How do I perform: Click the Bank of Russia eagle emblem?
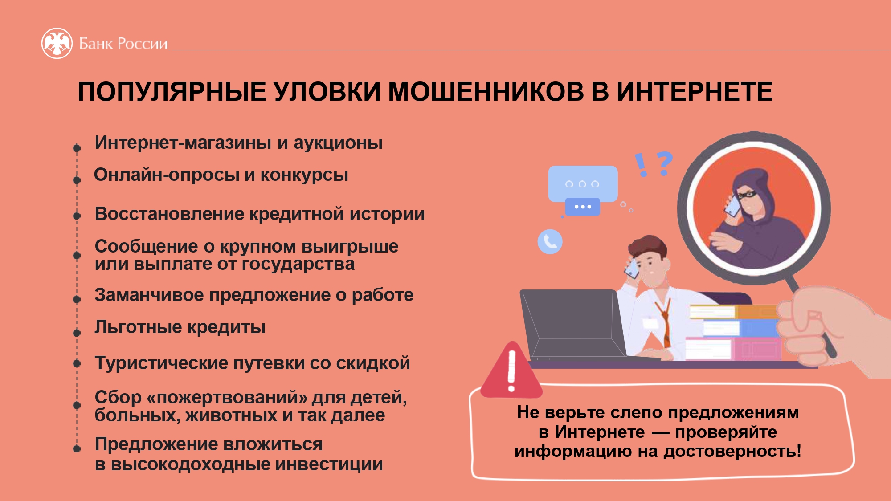click(x=57, y=43)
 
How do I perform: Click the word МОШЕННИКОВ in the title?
click(x=486, y=92)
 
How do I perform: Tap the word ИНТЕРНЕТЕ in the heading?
click(x=695, y=92)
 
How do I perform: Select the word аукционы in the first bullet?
click(x=338, y=143)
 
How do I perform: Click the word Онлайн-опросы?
click(x=167, y=175)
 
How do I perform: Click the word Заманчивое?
click(x=149, y=295)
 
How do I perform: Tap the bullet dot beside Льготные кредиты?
click(x=77, y=333)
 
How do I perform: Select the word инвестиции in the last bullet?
click(x=329, y=464)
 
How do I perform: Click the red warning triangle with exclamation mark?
click(x=511, y=370)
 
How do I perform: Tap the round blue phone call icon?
click(x=550, y=242)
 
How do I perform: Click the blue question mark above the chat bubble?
click(x=664, y=163)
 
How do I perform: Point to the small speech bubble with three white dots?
click(x=582, y=207)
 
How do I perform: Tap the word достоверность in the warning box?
click(x=732, y=451)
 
